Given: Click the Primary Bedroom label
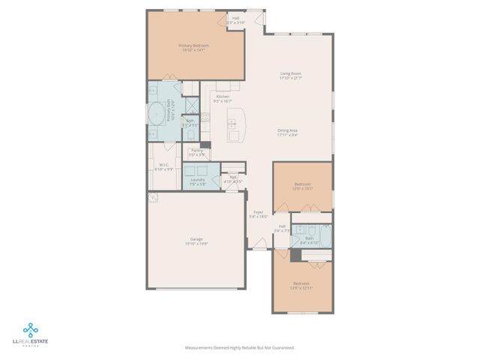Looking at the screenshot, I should tap(193, 46).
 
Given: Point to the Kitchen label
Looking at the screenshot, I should tap(223, 97).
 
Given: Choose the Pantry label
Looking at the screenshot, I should tap(197, 150).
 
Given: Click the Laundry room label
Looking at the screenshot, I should tap(198, 179).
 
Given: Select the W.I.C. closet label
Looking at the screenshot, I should tap(163, 166).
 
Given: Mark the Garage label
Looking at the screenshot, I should tap(196, 239).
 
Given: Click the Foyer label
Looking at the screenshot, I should tap(257, 212).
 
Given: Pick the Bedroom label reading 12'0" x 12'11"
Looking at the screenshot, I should tap(302, 284).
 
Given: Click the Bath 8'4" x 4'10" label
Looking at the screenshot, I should tap(309, 239).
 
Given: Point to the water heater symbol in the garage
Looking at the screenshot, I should tap(154, 198).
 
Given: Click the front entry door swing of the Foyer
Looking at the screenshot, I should tap(259, 243).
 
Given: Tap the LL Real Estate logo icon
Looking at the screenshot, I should tap(31, 329).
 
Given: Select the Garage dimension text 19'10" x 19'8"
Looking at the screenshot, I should tap(196, 244).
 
